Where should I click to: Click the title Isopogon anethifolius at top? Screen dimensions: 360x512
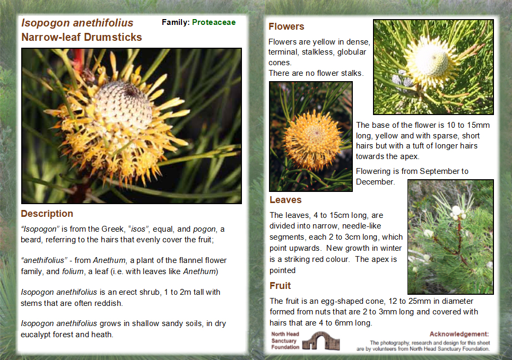pyautogui.click(x=77, y=23)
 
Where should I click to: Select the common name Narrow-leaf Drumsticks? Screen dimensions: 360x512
pyautogui.click(x=81, y=37)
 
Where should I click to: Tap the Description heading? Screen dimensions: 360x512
pyautogui.click(x=47, y=214)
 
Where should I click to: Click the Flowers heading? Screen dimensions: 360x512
pyautogui.click(x=286, y=27)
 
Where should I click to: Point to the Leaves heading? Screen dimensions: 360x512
pyautogui.click(x=285, y=200)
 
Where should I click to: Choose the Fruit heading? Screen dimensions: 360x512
pyautogui.click(x=280, y=286)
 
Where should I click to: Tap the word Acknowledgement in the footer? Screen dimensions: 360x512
pyautogui.click(x=459, y=334)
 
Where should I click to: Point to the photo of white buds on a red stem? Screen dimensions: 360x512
pyautogui.click(x=450, y=236)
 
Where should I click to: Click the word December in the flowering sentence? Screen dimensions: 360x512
pyautogui.click(x=375, y=182)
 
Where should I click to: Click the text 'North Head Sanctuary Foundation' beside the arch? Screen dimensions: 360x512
pyautogui.click(x=285, y=341)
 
